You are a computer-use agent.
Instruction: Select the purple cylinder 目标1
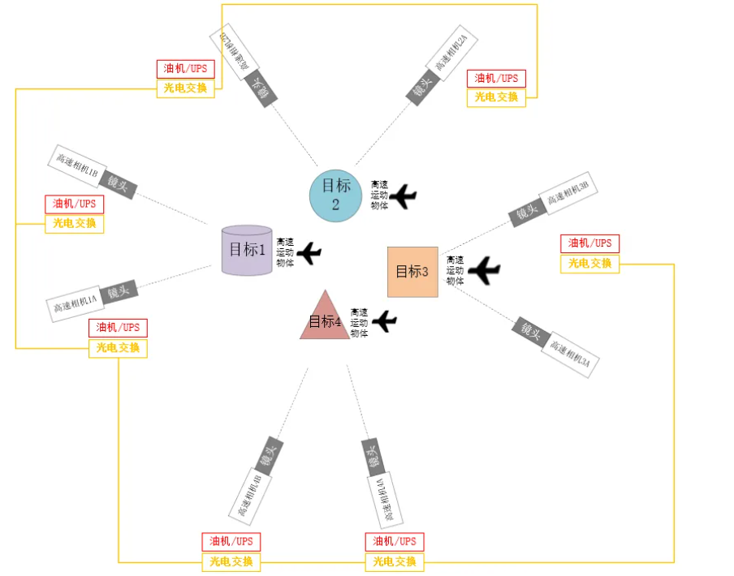247,250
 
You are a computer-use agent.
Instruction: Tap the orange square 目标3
412,272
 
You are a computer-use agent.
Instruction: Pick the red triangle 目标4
325,319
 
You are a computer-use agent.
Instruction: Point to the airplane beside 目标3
485,270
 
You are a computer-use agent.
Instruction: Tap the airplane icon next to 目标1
309,253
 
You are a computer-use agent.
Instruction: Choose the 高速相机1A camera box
75,304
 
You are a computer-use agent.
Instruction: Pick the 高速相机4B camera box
250,495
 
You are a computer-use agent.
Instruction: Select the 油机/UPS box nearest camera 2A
496,79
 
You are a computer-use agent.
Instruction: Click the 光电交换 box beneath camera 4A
394,561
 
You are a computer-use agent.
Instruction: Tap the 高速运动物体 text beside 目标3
456,270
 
